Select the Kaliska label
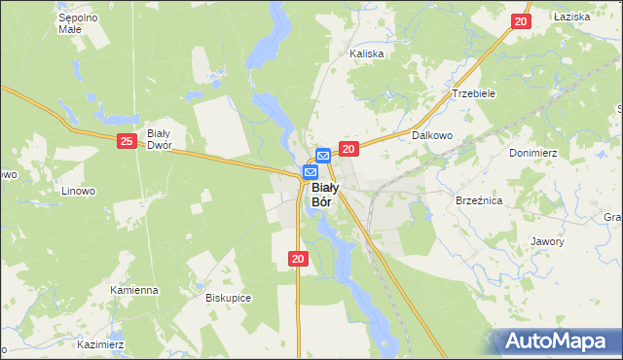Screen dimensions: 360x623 (368, 54)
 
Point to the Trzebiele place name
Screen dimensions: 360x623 (474, 93)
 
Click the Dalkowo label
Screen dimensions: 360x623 (433, 136)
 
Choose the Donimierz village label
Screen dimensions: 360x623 (531, 153)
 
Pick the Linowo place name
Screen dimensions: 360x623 (77, 191)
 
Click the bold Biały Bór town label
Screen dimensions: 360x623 (324, 195)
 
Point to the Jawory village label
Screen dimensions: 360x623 (547, 241)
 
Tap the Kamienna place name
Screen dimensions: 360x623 (134, 290)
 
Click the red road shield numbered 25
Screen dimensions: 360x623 (127, 141)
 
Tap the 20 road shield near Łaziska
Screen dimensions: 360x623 (521, 21)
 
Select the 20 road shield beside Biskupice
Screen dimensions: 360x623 (298, 258)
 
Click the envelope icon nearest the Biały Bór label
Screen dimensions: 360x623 (310, 172)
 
